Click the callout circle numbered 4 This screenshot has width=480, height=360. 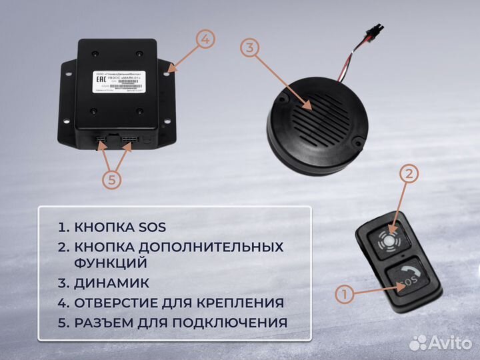pos(206,39)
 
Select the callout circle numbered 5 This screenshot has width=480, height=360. pos(113,179)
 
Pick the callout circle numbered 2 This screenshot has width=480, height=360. pos(409,174)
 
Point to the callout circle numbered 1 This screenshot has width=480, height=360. pos(343,293)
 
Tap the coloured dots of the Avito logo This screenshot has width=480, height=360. pos(417,343)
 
